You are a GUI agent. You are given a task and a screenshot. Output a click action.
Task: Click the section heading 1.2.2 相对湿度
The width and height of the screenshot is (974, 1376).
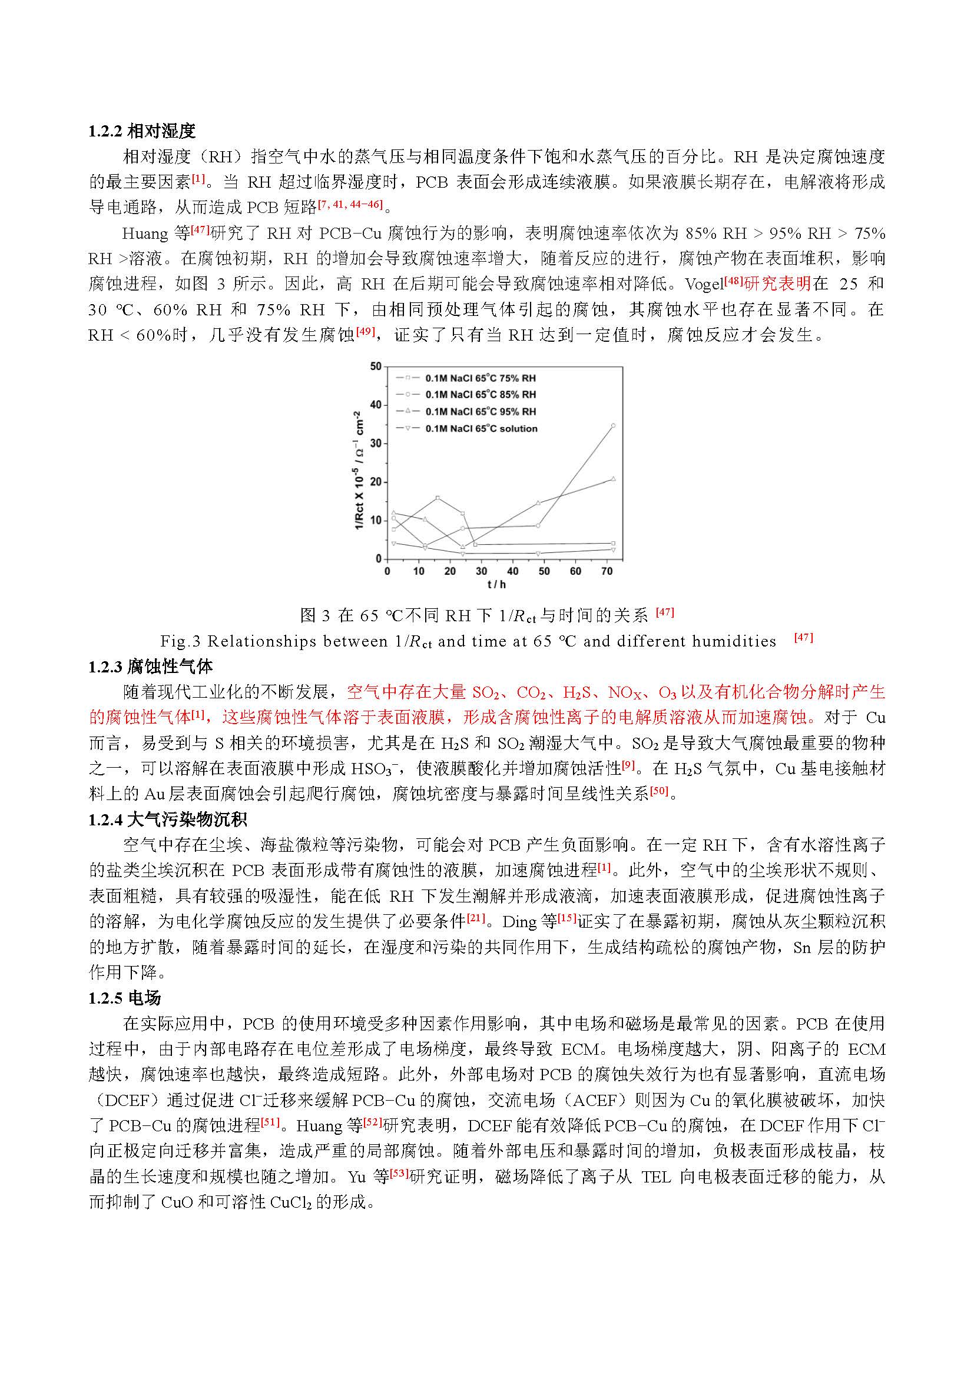(141, 131)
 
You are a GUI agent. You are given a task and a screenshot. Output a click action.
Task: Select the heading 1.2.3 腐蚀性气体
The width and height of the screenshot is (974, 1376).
(150, 666)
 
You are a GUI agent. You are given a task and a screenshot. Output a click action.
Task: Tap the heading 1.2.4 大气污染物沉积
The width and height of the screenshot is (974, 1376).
(167, 819)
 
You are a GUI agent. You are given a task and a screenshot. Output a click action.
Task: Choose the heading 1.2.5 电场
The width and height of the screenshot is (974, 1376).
(124, 998)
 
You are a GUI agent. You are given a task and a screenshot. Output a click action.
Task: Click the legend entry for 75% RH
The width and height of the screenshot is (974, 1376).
(480, 378)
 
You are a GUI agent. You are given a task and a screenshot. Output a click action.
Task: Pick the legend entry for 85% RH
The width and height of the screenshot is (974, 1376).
(480, 394)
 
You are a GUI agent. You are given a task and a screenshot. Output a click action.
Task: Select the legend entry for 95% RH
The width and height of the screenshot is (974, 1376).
(480, 412)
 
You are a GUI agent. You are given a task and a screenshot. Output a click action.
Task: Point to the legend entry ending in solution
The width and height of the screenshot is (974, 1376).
(481, 428)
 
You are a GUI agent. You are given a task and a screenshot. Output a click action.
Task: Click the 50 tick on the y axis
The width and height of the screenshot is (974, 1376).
(376, 366)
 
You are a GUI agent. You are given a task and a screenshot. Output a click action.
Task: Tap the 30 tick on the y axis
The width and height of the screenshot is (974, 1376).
(376, 444)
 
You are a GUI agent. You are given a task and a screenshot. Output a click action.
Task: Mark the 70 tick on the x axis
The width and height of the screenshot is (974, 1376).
(607, 571)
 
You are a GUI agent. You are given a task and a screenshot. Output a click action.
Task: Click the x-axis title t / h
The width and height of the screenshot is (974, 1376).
(496, 584)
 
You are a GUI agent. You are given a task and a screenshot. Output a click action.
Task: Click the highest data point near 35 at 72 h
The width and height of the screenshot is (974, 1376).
(613, 425)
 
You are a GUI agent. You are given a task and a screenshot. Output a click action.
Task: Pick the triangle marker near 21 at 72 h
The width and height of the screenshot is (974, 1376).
(613, 479)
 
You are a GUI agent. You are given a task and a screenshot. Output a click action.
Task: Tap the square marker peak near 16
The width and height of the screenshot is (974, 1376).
(438, 498)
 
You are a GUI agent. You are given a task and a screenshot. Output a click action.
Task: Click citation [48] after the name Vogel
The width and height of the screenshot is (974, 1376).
(734, 281)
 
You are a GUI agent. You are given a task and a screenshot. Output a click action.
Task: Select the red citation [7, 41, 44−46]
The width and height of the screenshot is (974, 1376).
(350, 204)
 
